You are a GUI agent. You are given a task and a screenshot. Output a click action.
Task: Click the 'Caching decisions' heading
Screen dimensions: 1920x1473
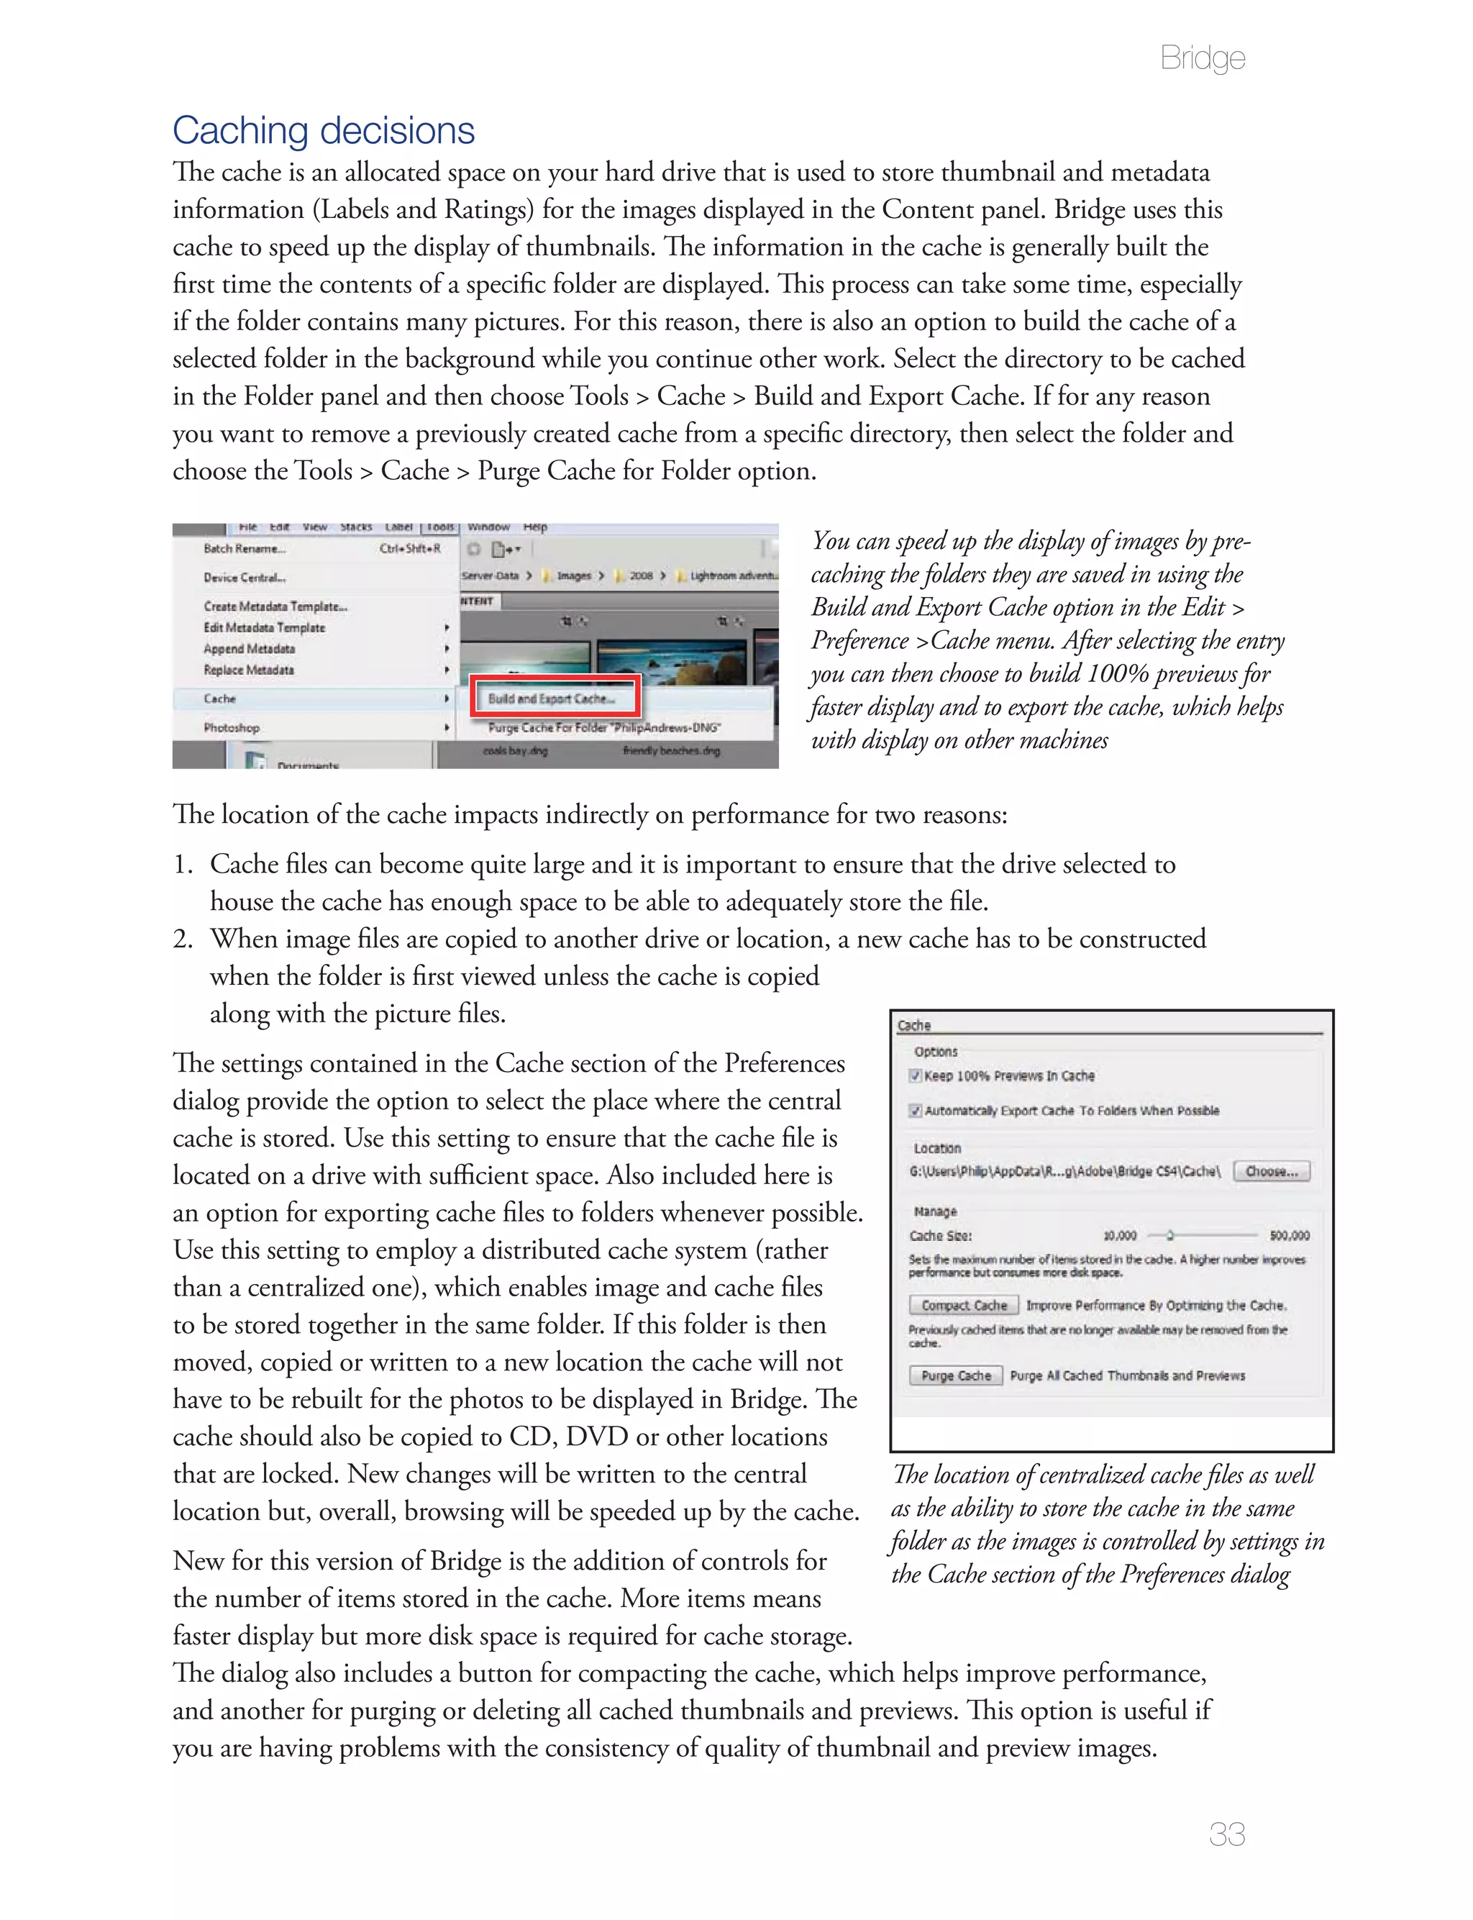click(323, 131)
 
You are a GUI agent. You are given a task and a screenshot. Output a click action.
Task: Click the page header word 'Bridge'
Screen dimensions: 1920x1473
click(1201, 58)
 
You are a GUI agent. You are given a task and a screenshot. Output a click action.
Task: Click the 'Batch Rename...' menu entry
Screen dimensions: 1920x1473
click(244, 549)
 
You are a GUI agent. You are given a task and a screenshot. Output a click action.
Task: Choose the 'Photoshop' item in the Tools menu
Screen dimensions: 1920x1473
click(232, 728)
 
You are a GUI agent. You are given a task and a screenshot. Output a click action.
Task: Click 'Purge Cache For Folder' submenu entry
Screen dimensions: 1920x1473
click(604, 728)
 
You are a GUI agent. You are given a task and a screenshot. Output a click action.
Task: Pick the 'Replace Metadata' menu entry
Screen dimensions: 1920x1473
click(249, 670)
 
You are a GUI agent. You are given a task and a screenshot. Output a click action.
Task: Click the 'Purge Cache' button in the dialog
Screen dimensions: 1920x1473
click(955, 1375)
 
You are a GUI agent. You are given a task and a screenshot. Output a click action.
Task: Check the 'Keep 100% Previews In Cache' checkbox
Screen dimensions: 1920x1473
click(916, 1075)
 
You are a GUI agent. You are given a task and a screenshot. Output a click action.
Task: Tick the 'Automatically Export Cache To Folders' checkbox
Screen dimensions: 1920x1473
click(916, 1111)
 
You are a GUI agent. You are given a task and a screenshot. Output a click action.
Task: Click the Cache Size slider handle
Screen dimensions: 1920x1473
click(1169, 1235)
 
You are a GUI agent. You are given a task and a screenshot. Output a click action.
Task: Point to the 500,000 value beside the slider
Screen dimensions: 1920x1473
click(1289, 1235)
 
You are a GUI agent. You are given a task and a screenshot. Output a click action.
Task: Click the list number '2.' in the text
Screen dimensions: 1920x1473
click(183, 939)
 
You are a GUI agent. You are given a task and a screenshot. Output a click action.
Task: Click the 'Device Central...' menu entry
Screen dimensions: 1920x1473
click(245, 578)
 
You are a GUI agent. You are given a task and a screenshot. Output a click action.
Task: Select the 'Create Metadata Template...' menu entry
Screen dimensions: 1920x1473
click(275, 606)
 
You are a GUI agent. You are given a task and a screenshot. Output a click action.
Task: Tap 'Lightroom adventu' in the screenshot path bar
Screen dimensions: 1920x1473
click(733, 576)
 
